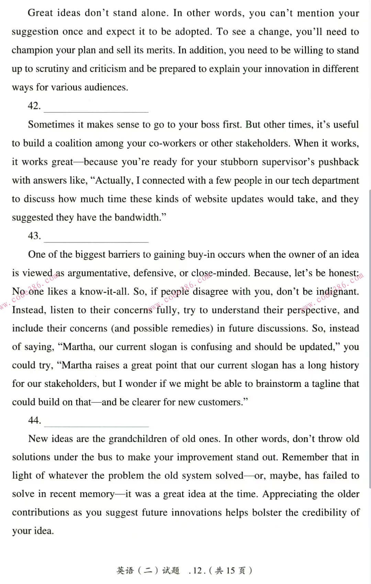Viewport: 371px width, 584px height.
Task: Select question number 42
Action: pos(34,106)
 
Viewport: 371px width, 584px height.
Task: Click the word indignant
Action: pos(337,292)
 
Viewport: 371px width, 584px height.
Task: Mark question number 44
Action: pos(34,420)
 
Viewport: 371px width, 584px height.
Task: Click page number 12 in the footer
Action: pos(198,571)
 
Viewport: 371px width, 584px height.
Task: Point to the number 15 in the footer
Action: pos(230,571)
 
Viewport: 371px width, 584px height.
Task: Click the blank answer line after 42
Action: pos(96,111)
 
